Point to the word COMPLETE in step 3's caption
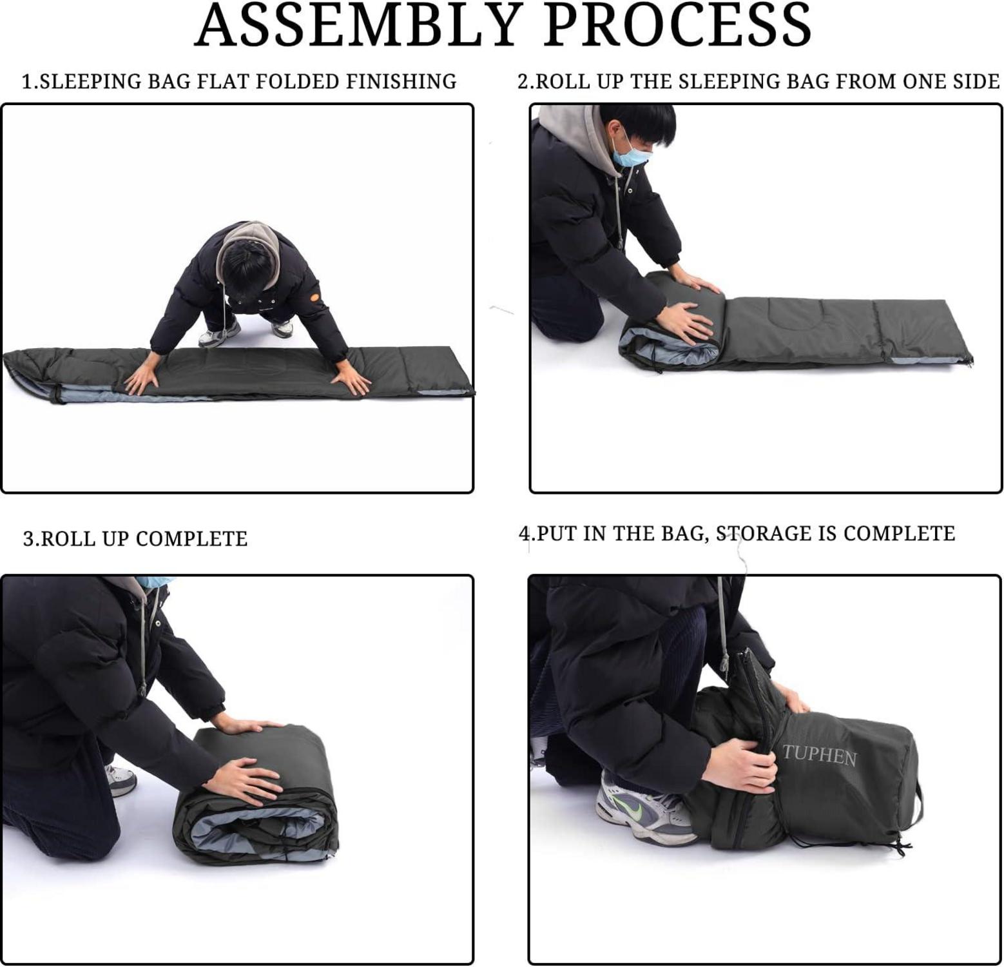point(191,539)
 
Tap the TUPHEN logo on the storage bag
point(819,755)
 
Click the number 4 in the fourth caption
point(525,534)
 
